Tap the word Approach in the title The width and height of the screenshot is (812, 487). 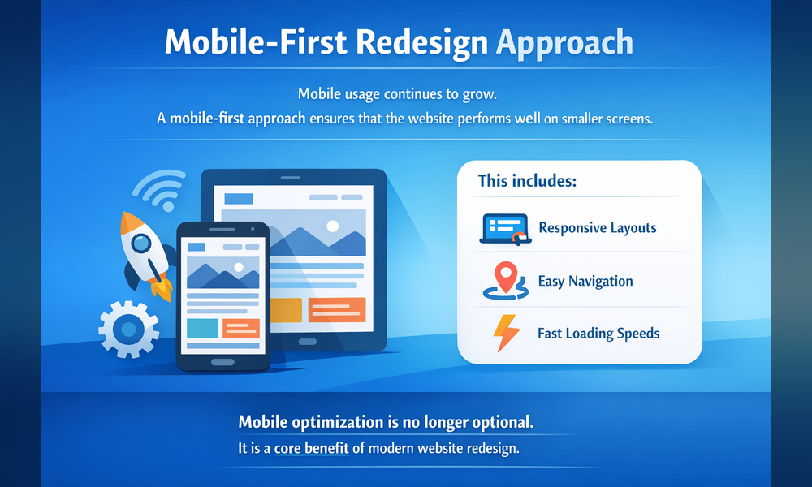[x=566, y=42]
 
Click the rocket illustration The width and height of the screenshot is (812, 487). [x=145, y=252]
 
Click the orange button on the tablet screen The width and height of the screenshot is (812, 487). [x=337, y=309]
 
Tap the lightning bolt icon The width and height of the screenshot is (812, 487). [x=505, y=333]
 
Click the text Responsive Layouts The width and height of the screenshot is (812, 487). [x=597, y=228]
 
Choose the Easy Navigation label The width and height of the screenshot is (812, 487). [x=585, y=282]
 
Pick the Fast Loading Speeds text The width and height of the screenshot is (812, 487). [x=598, y=334]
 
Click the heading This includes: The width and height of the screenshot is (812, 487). [x=526, y=181]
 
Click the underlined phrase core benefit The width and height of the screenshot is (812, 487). [x=312, y=448]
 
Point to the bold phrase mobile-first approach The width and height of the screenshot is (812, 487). [x=238, y=119]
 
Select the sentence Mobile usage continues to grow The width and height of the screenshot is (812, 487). [x=403, y=93]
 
